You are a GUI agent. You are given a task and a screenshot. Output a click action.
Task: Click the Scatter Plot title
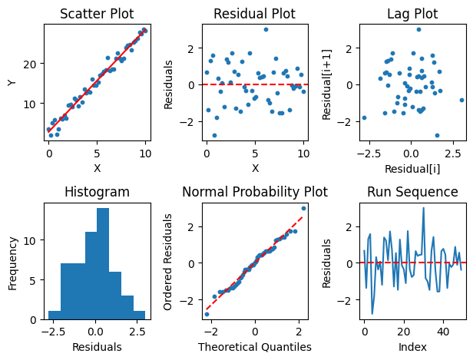click(x=97, y=14)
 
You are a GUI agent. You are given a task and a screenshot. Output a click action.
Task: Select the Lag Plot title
click(x=412, y=14)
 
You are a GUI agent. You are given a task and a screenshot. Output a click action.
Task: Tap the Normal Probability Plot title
click(x=255, y=192)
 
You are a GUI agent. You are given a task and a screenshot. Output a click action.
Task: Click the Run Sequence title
click(x=412, y=192)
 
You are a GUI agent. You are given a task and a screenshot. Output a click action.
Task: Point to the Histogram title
click(x=97, y=192)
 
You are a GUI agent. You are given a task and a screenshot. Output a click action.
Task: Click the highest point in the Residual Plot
click(x=266, y=29)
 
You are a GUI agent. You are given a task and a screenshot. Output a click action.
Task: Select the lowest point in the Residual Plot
click(x=214, y=135)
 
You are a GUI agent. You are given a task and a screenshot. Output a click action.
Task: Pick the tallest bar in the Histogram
click(x=103, y=264)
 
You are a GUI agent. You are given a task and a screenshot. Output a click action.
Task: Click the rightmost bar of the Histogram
click(x=139, y=315)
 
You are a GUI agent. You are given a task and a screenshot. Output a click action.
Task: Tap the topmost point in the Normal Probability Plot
click(x=303, y=208)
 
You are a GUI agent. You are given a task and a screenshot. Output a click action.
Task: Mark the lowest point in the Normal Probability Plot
click(x=207, y=314)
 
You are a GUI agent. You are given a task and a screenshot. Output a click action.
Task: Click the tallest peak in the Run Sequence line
click(x=424, y=208)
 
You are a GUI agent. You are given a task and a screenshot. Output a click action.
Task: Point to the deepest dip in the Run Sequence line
click(x=372, y=314)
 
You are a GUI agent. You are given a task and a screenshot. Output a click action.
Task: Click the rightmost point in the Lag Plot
click(x=461, y=100)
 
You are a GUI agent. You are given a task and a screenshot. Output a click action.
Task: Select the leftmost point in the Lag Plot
click(x=364, y=117)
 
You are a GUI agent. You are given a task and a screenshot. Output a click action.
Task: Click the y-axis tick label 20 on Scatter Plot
click(x=29, y=64)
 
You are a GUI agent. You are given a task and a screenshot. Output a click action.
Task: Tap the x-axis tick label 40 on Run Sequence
click(x=443, y=332)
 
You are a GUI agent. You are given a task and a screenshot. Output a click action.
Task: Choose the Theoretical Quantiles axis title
click(x=255, y=347)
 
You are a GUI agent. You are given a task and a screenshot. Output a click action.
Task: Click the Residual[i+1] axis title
click(x=327, y=84)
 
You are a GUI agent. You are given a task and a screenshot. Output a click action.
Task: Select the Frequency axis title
click(x=12, y=264)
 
